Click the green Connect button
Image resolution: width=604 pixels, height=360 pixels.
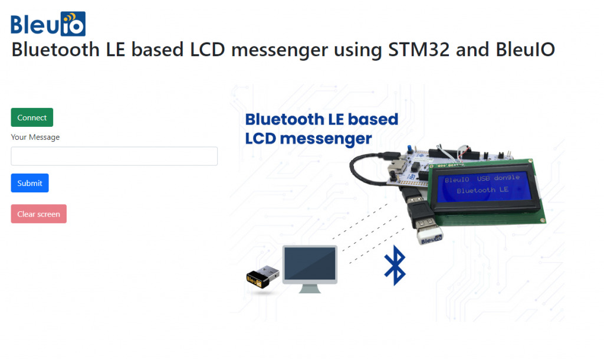32,117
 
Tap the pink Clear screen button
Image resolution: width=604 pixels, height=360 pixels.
38,214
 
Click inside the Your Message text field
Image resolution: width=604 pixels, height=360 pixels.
114,156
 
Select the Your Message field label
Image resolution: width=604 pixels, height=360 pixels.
35,138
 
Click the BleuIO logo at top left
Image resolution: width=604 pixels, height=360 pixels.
48,24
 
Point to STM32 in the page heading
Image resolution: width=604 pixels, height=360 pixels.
419,50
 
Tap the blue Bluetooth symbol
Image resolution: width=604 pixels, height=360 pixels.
395,265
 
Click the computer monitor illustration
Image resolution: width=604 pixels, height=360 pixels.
310,269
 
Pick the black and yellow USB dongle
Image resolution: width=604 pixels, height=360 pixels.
262,277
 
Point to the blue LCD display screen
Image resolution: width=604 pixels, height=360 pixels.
482,186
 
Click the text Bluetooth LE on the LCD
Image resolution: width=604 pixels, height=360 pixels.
482,190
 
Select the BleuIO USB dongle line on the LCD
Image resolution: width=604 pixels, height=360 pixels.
482,178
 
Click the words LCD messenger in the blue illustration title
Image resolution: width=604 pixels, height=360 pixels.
308,139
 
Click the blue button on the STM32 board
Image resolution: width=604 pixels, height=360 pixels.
410,149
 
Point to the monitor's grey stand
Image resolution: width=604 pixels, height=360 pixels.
310,289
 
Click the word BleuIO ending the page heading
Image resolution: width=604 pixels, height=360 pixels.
525,50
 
